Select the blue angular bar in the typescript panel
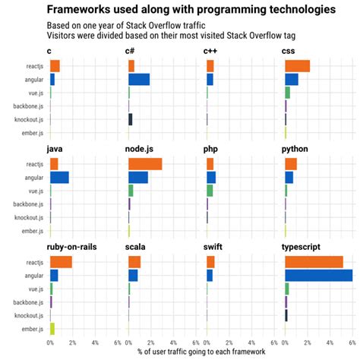[x=318, y=276]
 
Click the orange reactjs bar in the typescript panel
[x=314, y=262]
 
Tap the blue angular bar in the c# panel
[x=139, y=79]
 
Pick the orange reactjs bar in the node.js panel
[x=145, y=164]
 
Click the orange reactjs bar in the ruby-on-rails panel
[x=61, y=262]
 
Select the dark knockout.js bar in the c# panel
[x=131, y=119]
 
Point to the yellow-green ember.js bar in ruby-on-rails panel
[x=52, y=329]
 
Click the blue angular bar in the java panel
[x=59, y=178]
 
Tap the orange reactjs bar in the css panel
[x=297, y=66]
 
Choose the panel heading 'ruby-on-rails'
[x=71, y=248]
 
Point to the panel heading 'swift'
[x=213, y=248]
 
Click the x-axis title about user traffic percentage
[x=201, y=352]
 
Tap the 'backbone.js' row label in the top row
[x=27, y=106]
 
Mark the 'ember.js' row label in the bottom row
[x=31, y=329]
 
